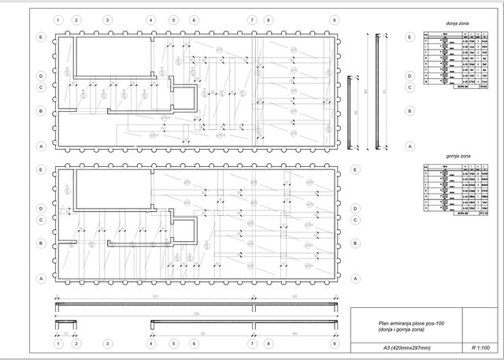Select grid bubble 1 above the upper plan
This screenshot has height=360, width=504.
coord(58,19)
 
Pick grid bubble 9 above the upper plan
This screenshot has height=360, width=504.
coord(335,19)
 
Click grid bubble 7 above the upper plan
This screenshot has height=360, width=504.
coord(252,19)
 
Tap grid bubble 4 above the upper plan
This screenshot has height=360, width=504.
coord(150,19)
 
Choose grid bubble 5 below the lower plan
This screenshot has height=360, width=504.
coord(172,344)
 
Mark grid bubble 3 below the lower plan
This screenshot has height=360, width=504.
coord(107,344)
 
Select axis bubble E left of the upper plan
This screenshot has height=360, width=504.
coord(40,37)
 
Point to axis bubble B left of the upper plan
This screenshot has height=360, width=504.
coord(40,111)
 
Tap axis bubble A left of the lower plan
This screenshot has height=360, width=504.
coord(40,278)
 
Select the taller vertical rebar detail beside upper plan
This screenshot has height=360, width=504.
coord(376,92)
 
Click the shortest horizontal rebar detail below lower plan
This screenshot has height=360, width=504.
coord(65,323)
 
